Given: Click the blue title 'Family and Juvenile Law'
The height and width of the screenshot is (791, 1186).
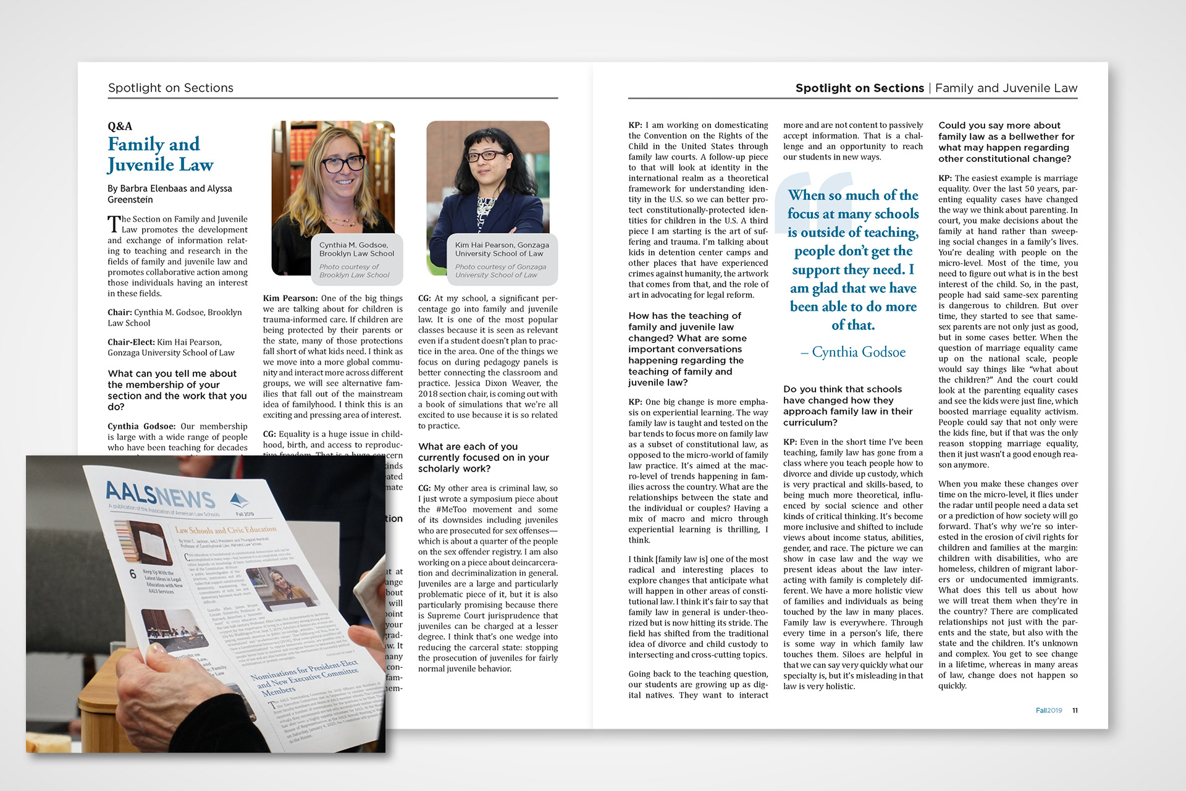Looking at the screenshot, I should (160, 154).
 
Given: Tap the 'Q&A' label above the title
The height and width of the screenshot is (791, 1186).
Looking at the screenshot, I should (120, 126).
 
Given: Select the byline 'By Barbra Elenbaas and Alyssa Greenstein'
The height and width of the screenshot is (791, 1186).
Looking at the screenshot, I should (169, 193).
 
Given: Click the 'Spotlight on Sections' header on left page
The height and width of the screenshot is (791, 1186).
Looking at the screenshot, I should (170, 88).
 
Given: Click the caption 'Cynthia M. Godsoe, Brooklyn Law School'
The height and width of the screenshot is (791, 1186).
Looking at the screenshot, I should (356, 249).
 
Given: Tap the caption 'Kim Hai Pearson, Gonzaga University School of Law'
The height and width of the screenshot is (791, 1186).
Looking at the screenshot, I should (502, 249).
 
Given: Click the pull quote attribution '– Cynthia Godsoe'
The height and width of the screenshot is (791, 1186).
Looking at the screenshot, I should (853, 352).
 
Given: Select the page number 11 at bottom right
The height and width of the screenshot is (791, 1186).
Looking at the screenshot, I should (1075, 710).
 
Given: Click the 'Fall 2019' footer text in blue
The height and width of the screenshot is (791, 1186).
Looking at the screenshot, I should (1048, 710).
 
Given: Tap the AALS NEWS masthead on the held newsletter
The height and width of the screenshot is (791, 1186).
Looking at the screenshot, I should (160, 495).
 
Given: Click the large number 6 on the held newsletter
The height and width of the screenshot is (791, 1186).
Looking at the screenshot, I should (133, 574).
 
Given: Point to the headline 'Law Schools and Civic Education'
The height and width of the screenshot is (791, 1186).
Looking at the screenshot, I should (225, 530).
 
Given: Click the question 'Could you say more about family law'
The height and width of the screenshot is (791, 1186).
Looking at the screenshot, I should (1004, 142).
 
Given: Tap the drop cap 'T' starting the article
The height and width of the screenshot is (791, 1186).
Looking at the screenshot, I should (114, 224).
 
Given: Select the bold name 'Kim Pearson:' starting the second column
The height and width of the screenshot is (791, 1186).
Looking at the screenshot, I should (290, 298).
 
